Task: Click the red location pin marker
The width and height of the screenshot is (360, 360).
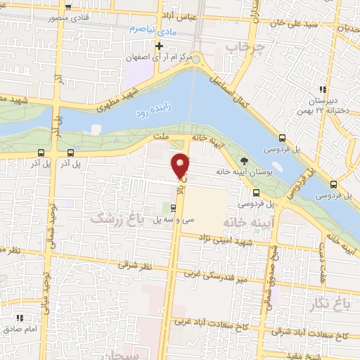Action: pos(181,165)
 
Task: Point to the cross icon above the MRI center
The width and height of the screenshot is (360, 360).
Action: pos(160,46)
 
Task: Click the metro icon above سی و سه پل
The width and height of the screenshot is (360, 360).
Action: pos(173,207)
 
